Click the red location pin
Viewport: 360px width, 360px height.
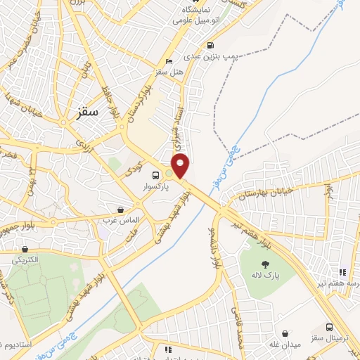coord(181,165)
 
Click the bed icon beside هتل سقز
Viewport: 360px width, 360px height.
coord(169,61)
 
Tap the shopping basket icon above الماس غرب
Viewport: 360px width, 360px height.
coord(121,210)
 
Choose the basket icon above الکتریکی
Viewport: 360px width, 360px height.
coord(25,249)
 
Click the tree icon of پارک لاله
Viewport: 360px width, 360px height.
coord(264,263)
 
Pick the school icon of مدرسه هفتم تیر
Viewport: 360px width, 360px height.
coord(342,272)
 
